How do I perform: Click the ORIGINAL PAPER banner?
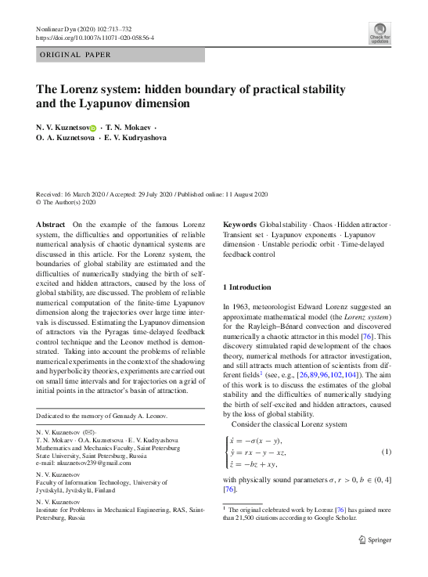(x=76, y=55)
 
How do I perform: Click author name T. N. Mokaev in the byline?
(x=129, y=127)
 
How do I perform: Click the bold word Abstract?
(x=51, y=225)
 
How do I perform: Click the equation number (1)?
(x=386, y=452)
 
